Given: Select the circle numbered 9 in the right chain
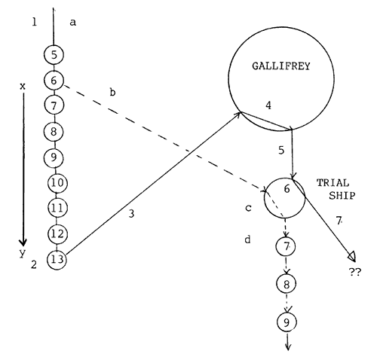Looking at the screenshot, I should [287, 322].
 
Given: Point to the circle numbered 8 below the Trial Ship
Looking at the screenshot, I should [287, 284].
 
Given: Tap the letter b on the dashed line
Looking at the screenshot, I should [112, 92].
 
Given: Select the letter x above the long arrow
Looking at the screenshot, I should [22, 86].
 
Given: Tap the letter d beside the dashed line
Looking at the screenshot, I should [248, 239].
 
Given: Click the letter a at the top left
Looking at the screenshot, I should [72, 23].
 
